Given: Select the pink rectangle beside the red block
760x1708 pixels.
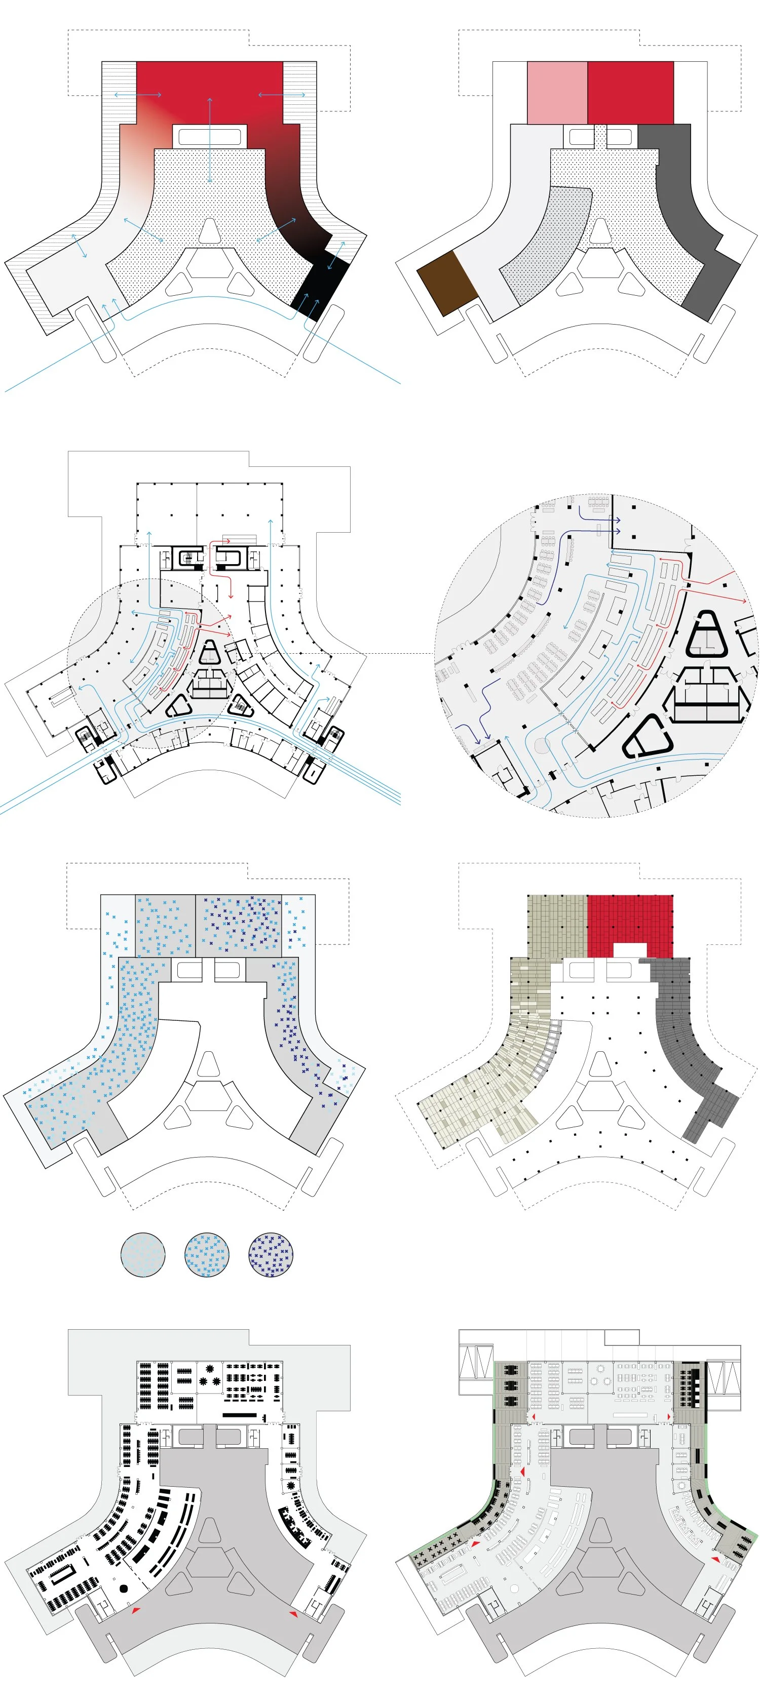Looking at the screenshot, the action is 557,93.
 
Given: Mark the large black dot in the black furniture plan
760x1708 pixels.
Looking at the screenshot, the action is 123,1588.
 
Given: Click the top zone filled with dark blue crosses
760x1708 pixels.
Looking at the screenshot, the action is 239,925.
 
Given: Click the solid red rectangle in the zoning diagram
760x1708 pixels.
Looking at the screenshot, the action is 630,93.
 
